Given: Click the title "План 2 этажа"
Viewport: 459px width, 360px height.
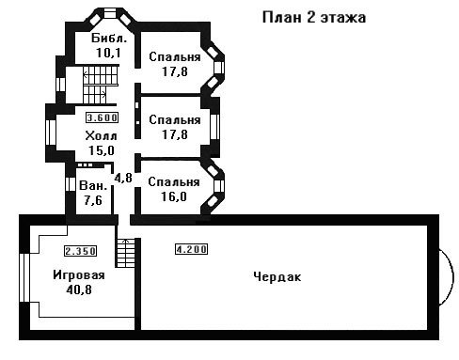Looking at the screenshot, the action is pos(314,17).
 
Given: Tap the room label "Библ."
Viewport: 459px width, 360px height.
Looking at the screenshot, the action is pos(109,39).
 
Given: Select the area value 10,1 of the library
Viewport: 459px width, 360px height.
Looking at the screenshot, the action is pos(108,53).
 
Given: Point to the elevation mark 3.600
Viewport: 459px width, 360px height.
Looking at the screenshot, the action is pos(102,117).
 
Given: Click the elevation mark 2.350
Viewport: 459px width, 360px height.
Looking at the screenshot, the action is pos(80,251).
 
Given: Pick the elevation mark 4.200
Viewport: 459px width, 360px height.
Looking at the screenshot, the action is pos(191,249).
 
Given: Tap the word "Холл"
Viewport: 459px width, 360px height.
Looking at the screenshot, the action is pos(101,136).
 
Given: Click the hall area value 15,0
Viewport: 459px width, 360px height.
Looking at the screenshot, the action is pos(102,150).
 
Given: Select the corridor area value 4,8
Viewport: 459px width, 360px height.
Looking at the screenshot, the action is pos(123,178).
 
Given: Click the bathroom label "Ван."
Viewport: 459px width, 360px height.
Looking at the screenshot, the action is pos(93,185).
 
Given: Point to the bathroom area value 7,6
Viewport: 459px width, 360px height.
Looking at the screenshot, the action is pos(93,200).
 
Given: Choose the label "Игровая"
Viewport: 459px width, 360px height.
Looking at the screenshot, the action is pos(79,274).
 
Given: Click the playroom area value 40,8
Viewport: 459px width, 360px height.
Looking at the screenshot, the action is pos(79,290).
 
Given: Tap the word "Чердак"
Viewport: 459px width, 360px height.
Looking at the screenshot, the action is pos(277,277).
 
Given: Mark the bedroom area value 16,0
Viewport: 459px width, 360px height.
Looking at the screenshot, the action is pos(174,196).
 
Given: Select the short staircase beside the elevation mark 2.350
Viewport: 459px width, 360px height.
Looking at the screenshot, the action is pos(126,253).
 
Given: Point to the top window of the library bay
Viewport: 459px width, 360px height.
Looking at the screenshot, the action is pos(110,14).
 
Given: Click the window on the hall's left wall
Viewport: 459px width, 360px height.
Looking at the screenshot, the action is pos(51,133).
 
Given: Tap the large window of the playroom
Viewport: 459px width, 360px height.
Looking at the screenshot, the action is pos(24,277).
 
